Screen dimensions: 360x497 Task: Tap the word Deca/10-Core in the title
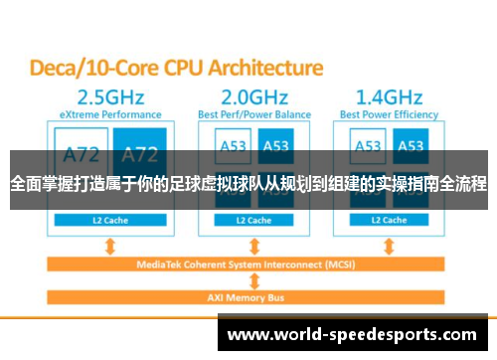pos(83,69)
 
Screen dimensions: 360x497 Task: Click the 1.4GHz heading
pos(389,99)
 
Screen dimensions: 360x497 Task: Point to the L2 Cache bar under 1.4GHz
pos(389,220)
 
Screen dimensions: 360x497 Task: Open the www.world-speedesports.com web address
pos(357,333)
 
